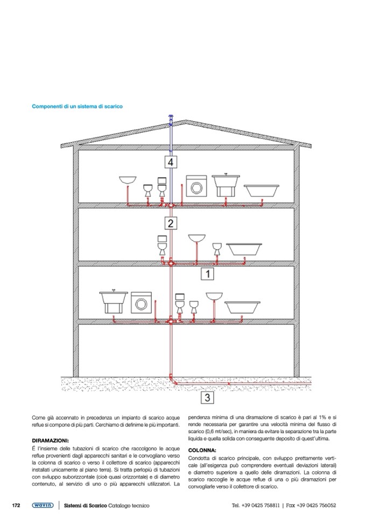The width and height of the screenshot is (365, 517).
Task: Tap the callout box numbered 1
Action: (208, 274)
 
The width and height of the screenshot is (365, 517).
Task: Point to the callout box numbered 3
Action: (208, 398)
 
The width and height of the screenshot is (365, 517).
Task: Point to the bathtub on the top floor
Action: (262, 190)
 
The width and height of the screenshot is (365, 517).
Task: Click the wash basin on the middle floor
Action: (196, 238)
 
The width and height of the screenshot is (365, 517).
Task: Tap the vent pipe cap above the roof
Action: (170, 119)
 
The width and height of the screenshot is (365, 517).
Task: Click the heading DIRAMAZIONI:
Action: (52, 440)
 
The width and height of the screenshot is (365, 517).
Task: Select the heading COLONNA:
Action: (202, 450)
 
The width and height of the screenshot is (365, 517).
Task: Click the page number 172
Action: (16, 505)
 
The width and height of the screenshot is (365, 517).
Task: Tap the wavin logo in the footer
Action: (42, 505)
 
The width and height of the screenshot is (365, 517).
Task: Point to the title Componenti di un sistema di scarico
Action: (77, 106)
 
